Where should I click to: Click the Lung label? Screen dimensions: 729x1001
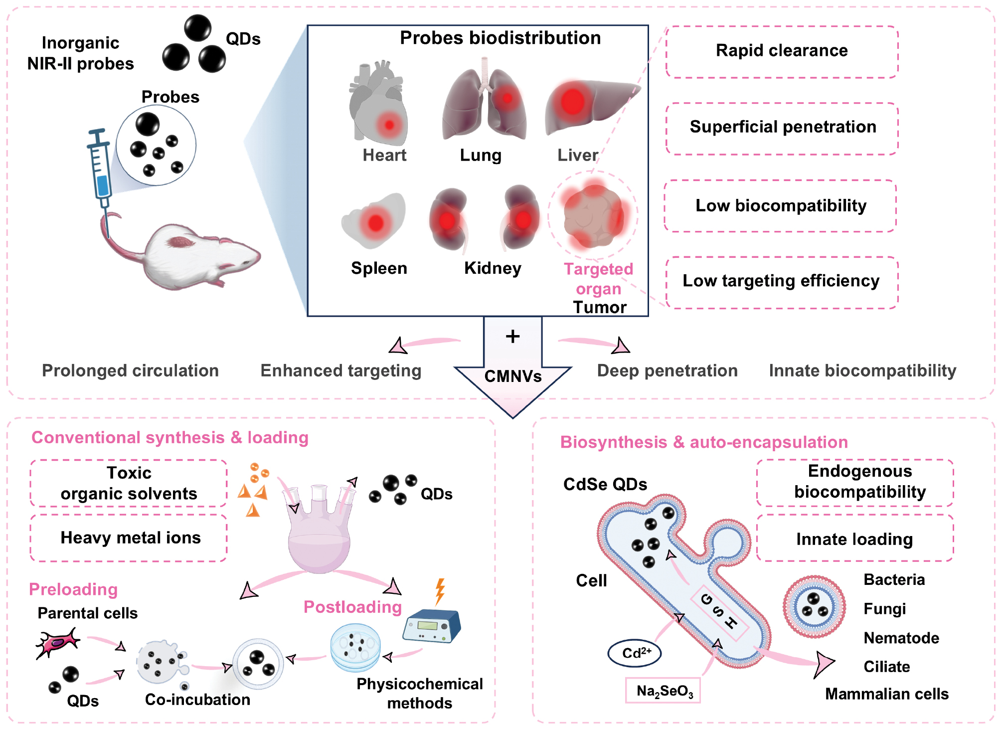(481, 156)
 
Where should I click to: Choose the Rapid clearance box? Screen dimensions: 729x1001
(782, 51)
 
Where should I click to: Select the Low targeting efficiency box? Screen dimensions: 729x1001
(782, 282)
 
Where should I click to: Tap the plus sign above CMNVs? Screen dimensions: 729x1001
(512, 337)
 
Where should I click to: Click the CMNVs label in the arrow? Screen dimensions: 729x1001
(513, 376)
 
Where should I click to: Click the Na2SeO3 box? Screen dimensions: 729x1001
(664, 691)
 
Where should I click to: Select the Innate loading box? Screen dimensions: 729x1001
(854, 539)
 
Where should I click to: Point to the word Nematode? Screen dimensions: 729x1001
(901, 638)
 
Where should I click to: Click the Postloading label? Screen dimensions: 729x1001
(352, 607)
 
